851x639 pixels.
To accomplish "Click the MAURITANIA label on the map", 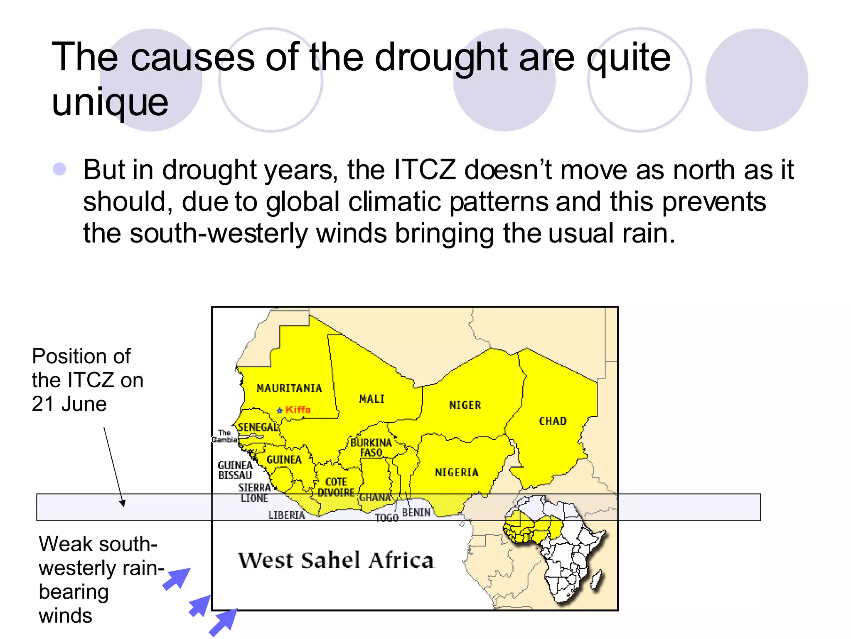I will [x=289, y=388].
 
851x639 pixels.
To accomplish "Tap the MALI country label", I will [x=371, y=399].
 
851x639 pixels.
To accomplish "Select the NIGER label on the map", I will [x=465, y=405].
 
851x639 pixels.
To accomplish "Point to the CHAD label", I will [x=553, y=421].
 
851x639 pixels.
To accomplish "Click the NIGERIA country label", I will [x=457, y=472].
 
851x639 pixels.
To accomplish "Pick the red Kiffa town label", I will [x=298, y=409].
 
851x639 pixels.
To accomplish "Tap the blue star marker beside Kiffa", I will [x=280, y=410].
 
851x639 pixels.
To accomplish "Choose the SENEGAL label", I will [x=258, y=427].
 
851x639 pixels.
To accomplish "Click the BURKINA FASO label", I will [x=371, y=448].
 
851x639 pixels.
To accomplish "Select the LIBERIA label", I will [x=287, y=515].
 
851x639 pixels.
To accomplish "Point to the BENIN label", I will [x=416, y=513].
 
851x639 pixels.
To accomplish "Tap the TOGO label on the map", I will [x=387, y=518].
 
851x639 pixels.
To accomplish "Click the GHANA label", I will [x=375, y=498].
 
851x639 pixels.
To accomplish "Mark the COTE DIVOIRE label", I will [x=336, y=487].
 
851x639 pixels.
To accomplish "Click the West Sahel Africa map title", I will [x=336, y=560].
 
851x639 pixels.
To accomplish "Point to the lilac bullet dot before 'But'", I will [x=60, y=169].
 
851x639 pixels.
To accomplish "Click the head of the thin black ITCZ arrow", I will [x=123, y=504].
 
